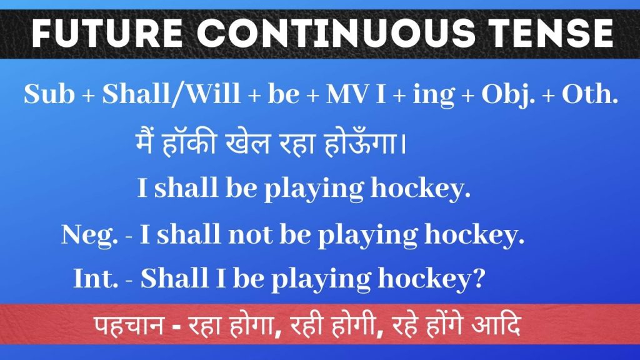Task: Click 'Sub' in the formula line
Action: (49, 94)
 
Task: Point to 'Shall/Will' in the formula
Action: (171, 94)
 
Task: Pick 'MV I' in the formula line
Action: (356, 94)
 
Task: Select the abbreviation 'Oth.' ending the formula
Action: (590, 94)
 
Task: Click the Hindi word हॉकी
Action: (189, 143)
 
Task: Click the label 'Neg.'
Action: (89, 235)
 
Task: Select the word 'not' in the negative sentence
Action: (250, 235)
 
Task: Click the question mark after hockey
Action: (478, 278)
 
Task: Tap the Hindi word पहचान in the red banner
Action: (128, 326)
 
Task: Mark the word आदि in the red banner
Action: (496, 325)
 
